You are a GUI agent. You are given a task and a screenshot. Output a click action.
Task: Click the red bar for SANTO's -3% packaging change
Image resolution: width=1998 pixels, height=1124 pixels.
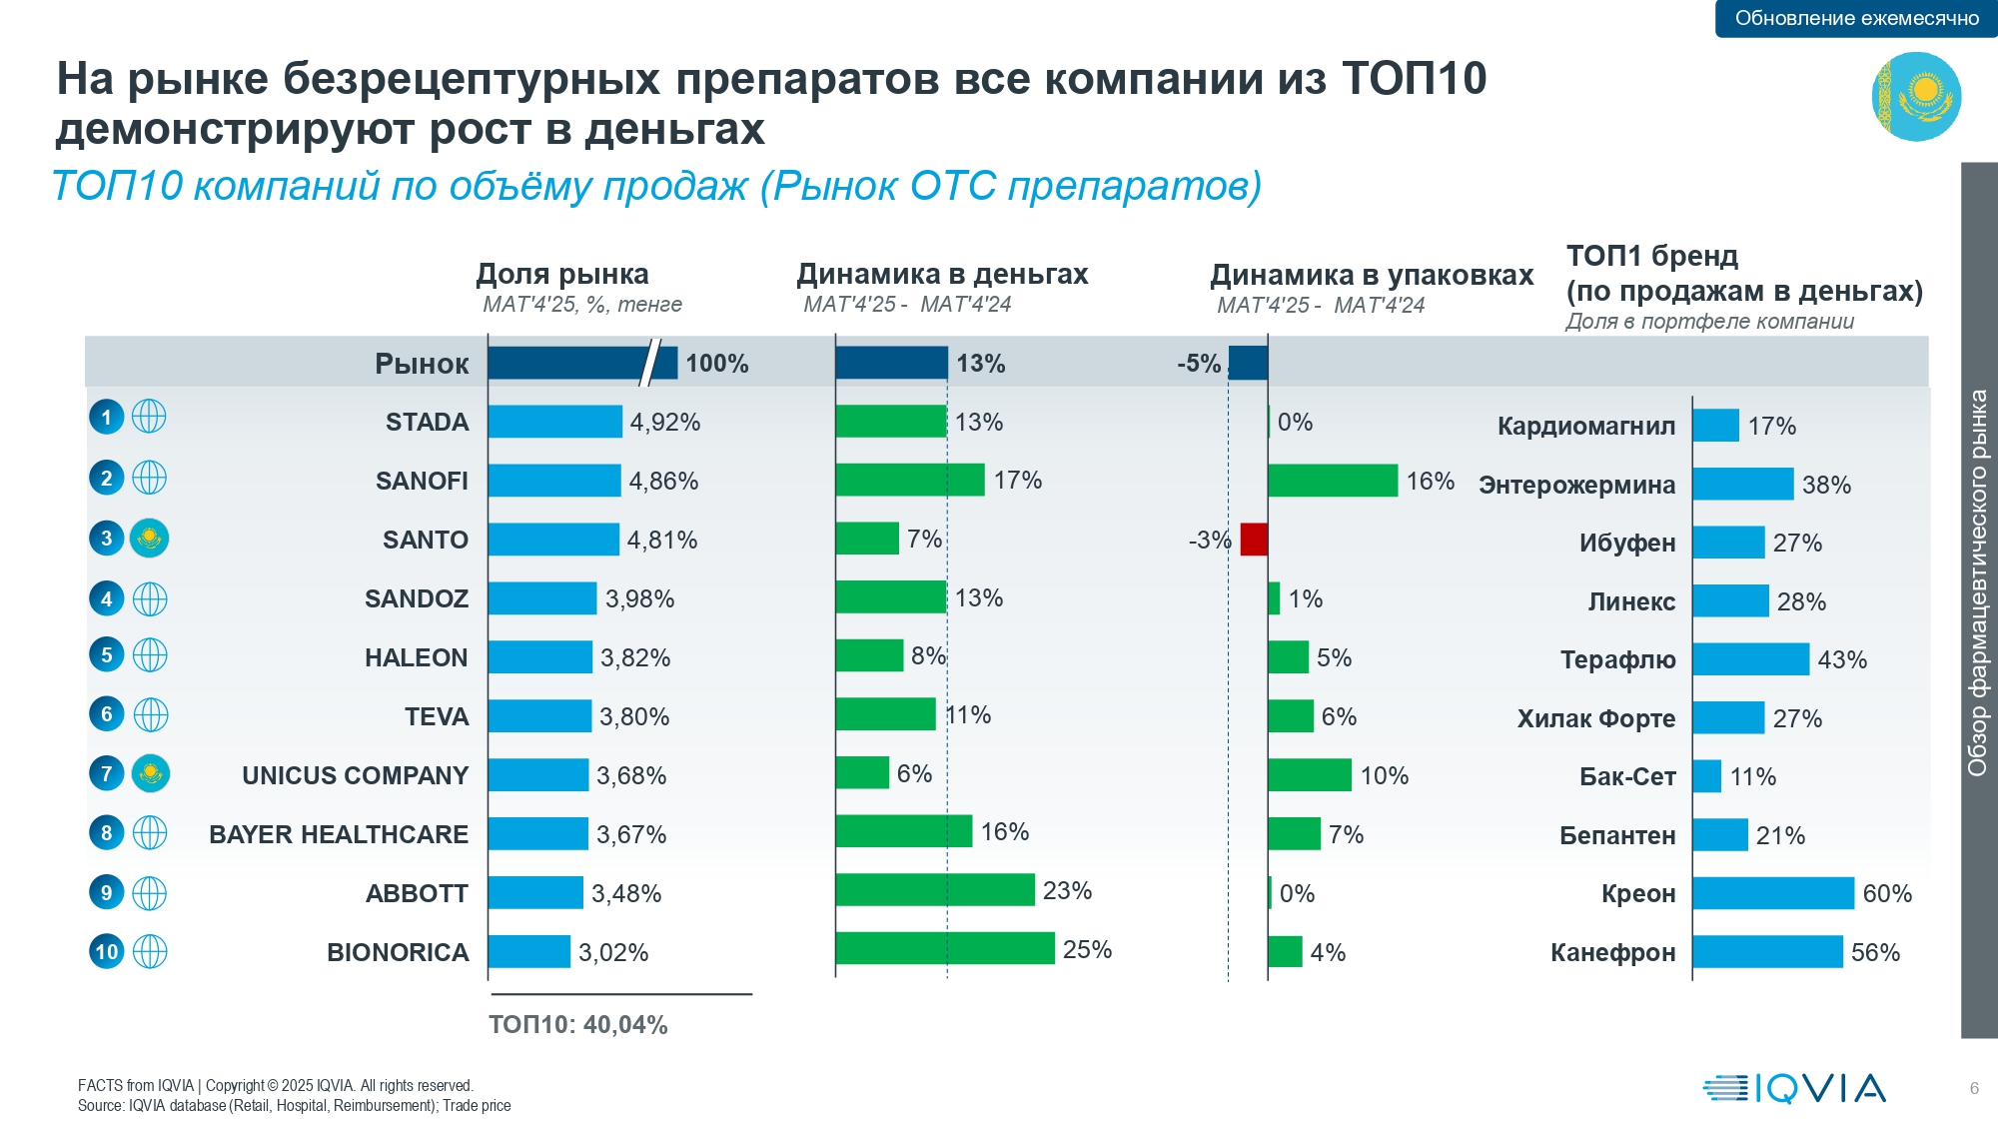1254,540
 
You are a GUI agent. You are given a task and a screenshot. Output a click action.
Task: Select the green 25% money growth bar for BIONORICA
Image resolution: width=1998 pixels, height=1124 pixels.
945,948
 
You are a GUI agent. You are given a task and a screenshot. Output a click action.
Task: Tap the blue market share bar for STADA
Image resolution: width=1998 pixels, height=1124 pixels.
555,422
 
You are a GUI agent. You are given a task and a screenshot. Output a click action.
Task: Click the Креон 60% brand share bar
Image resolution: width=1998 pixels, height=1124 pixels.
1773,893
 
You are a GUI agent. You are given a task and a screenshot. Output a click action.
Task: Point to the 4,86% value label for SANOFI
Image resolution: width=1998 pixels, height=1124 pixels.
663,481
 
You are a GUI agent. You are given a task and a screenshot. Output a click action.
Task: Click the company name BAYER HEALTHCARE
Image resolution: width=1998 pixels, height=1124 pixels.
339,834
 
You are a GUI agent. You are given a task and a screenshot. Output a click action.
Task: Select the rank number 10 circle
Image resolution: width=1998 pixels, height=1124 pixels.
107,951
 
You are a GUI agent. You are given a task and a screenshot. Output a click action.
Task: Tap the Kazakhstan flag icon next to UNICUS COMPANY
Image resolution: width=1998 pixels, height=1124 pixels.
150,773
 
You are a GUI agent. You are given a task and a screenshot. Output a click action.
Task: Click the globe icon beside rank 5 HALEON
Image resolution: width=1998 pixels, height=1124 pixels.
150,655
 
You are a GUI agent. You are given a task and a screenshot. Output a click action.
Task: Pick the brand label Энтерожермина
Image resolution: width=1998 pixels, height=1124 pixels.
1577,485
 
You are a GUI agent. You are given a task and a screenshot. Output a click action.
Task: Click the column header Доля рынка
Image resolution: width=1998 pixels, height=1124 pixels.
562,274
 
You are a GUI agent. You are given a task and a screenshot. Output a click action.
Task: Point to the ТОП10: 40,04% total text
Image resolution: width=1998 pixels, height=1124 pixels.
578,1024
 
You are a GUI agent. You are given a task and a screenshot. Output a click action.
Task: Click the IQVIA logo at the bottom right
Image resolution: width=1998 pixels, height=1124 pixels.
1794,1088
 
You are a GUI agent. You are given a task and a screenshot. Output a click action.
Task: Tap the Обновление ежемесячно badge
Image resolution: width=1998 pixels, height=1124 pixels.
1856,18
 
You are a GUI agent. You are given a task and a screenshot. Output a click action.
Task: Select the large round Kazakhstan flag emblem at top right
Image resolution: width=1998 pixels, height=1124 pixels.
1916,97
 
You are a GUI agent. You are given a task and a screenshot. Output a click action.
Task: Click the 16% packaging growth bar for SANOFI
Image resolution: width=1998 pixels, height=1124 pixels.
1333,481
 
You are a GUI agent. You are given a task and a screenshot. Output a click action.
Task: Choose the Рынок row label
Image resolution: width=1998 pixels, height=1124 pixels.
422,364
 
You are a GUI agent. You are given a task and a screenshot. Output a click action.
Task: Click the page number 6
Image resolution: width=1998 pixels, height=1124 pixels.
1974,1088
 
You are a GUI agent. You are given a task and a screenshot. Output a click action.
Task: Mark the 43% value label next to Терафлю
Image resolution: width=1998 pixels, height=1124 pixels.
1842,659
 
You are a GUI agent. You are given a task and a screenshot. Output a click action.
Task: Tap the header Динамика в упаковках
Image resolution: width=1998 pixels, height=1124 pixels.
1372,275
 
